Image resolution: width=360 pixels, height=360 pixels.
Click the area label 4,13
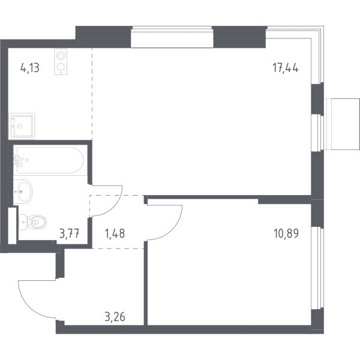[30, 68]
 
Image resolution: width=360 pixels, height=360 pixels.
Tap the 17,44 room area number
[286, 68]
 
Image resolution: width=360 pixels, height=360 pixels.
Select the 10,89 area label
[286, 233]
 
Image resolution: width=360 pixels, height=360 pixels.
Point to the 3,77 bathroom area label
[69, 233]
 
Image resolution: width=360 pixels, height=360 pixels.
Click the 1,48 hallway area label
[115, 233]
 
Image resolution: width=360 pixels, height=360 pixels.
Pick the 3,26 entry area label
[115, 317]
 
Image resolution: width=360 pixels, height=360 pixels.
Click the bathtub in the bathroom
[50, 160]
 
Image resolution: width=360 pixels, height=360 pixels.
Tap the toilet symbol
[33, 222]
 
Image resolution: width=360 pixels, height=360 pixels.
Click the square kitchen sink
[22, 126]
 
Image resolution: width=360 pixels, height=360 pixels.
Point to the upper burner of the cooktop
[61, 56]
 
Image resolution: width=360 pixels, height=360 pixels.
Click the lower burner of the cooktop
[61, 67]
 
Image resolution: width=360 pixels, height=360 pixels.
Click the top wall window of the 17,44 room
[172, 37]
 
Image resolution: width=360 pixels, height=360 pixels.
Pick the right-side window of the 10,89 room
[317, 268]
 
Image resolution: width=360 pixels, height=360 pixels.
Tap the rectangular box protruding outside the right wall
[343, 124]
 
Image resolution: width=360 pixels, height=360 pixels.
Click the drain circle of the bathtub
[27, 160]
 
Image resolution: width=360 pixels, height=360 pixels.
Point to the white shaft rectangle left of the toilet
[13, 226]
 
